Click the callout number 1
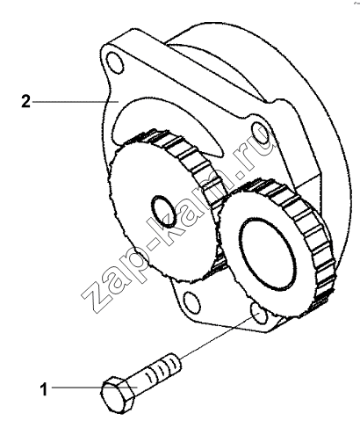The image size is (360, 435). [44, 389]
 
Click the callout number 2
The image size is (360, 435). [25, 101]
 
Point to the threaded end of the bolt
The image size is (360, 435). [165, 366]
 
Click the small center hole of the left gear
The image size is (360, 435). [163, 211]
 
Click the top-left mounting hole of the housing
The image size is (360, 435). [115, 62]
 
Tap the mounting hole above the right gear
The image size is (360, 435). [260, 134]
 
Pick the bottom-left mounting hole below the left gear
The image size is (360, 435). [191, 303]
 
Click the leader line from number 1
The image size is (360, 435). [95, 388]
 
